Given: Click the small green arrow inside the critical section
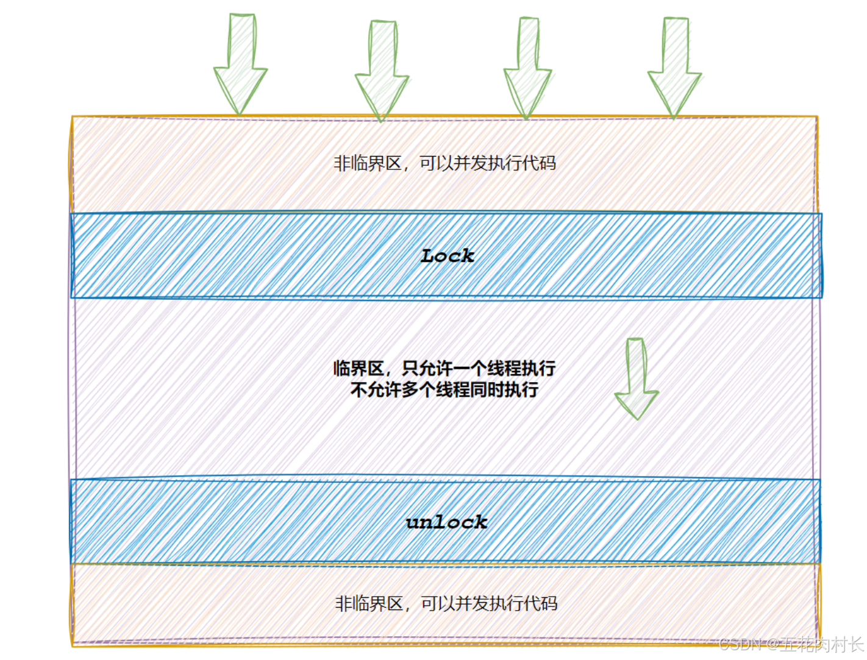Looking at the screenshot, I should click(637, 378).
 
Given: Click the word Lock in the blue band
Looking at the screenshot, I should click(447, 256).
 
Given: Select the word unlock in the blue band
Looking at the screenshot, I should click(447, 522).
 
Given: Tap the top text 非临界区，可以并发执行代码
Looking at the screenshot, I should click(444, 163).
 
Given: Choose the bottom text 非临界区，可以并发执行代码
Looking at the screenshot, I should click(446, 603).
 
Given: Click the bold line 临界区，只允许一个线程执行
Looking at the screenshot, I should click(444, 368).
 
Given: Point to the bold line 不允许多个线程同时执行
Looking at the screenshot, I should click(444, 389).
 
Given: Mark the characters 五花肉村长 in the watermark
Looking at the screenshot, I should click(821, 644).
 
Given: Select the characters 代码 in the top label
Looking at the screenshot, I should click(539, 163).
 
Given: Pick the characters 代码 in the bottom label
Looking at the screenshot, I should click(541, 603).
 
